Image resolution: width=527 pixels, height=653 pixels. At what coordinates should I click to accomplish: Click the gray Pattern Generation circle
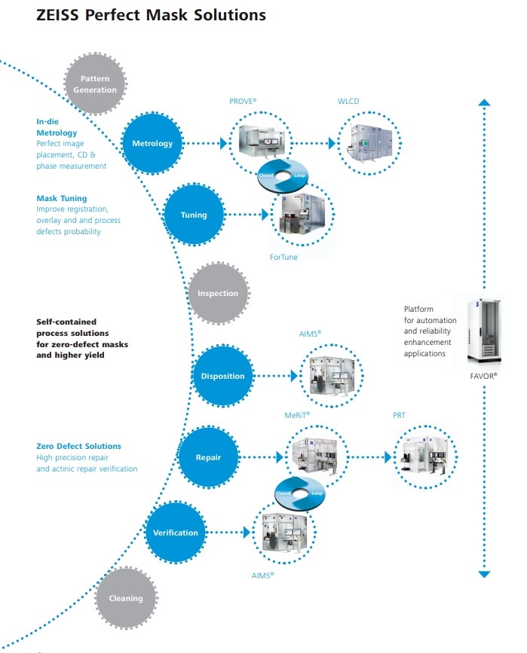tap(96, 84)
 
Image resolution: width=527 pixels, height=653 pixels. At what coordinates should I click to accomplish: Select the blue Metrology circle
tap(152, 143)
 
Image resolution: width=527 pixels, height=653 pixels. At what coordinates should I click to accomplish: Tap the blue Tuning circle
tap(194, 215)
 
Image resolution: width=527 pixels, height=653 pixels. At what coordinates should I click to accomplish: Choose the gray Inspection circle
tap(218, 293)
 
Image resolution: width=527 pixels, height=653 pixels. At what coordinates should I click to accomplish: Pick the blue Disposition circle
tap(222, 376)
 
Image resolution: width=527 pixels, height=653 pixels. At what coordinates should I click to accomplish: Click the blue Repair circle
tap(207, 456)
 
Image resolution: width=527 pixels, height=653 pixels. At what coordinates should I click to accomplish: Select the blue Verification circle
tap(176, 532)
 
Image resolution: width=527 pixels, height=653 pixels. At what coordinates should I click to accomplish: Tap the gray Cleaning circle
tap(126, 598)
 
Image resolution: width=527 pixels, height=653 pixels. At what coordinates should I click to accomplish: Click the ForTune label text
tap(285, 256)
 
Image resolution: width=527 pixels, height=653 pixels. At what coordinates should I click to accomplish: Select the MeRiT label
tap(298, 414)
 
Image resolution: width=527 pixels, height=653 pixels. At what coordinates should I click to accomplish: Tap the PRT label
tap(400, 414)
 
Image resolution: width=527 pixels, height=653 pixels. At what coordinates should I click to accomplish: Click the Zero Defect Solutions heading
tap(78, 446)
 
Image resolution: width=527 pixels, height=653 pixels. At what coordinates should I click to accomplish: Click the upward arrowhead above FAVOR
tap(485, 101)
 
